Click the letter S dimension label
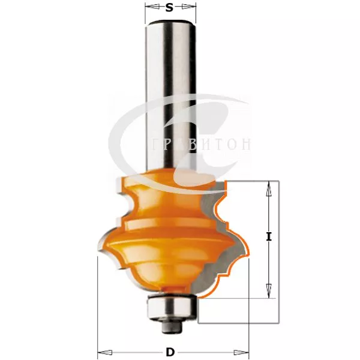[x=169, y=8]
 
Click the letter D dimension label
[x=170, y=352]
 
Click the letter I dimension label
[x=269, y=236]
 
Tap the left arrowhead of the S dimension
[x=152, y=7]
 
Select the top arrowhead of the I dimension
[x=269, y=189]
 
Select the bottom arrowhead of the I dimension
[x=269, y=290]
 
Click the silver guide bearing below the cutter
[x=172, y=307]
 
